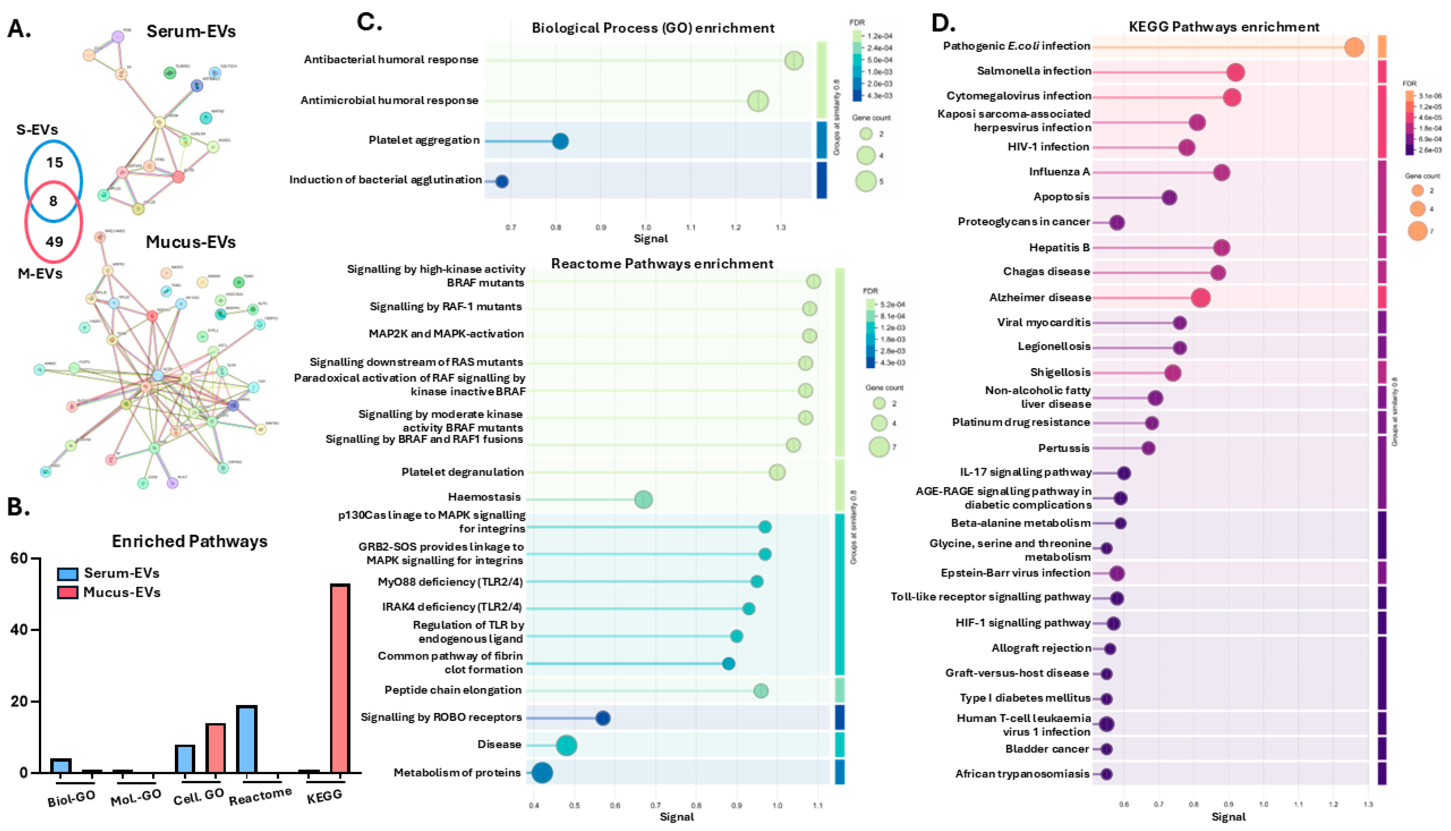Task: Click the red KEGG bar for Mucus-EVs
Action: [340, 678]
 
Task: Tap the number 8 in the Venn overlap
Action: [53, 201]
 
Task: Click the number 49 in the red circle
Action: [54, 242]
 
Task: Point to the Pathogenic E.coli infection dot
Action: [1354, 47]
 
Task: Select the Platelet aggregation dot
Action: [560, 141]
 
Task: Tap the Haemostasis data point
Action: [644, 499]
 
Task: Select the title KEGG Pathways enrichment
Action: [1224, 27]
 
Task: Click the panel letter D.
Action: [943, 23]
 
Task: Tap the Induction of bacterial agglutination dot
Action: [501, 182]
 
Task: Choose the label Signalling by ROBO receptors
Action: [441, 717]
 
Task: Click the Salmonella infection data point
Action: [1235, 72]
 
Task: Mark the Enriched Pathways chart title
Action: [190, 541]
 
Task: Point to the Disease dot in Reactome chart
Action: [566, 746]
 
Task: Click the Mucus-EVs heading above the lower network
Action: [191, 242]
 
